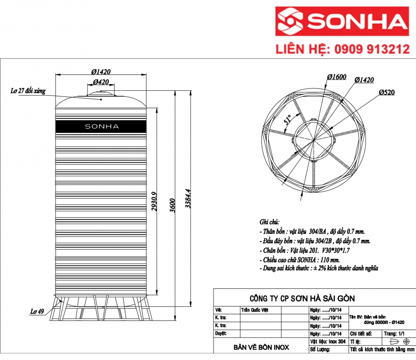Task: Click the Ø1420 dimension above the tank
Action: [x=101, y=72]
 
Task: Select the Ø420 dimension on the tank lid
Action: [x=101, y=82]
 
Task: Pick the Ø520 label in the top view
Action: [x=387, y=92]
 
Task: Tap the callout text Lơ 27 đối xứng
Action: [x=28, y=91]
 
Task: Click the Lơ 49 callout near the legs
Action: [x=37, y=311]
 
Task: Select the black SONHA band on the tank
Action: [x=101, y=126]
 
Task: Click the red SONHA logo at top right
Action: [x=341, y=21]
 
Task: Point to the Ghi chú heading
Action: [x=269, y=222]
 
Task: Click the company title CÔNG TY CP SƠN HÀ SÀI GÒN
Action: [x=301, y=298]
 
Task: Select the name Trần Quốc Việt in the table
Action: [x=255, y=310]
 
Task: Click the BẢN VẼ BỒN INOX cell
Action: [x=261, y=347]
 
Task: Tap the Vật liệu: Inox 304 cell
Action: [x=328, y=341]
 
